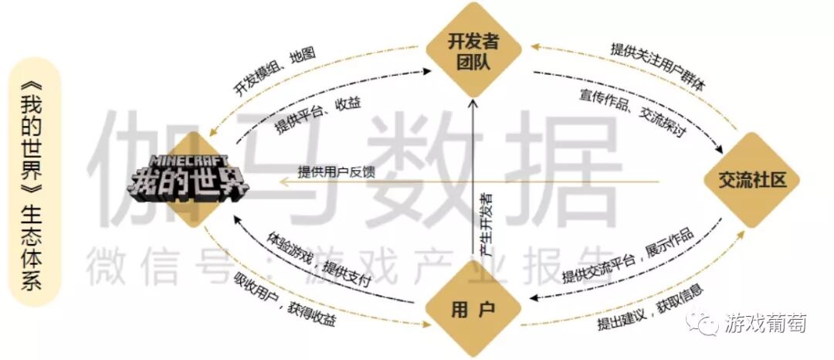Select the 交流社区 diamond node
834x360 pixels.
point(752,181)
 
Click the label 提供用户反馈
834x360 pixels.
point(337,172)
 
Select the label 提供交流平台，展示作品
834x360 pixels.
point(627,256)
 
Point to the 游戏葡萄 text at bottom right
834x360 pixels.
point(764,324)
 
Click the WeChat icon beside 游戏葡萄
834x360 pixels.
point(703,325)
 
